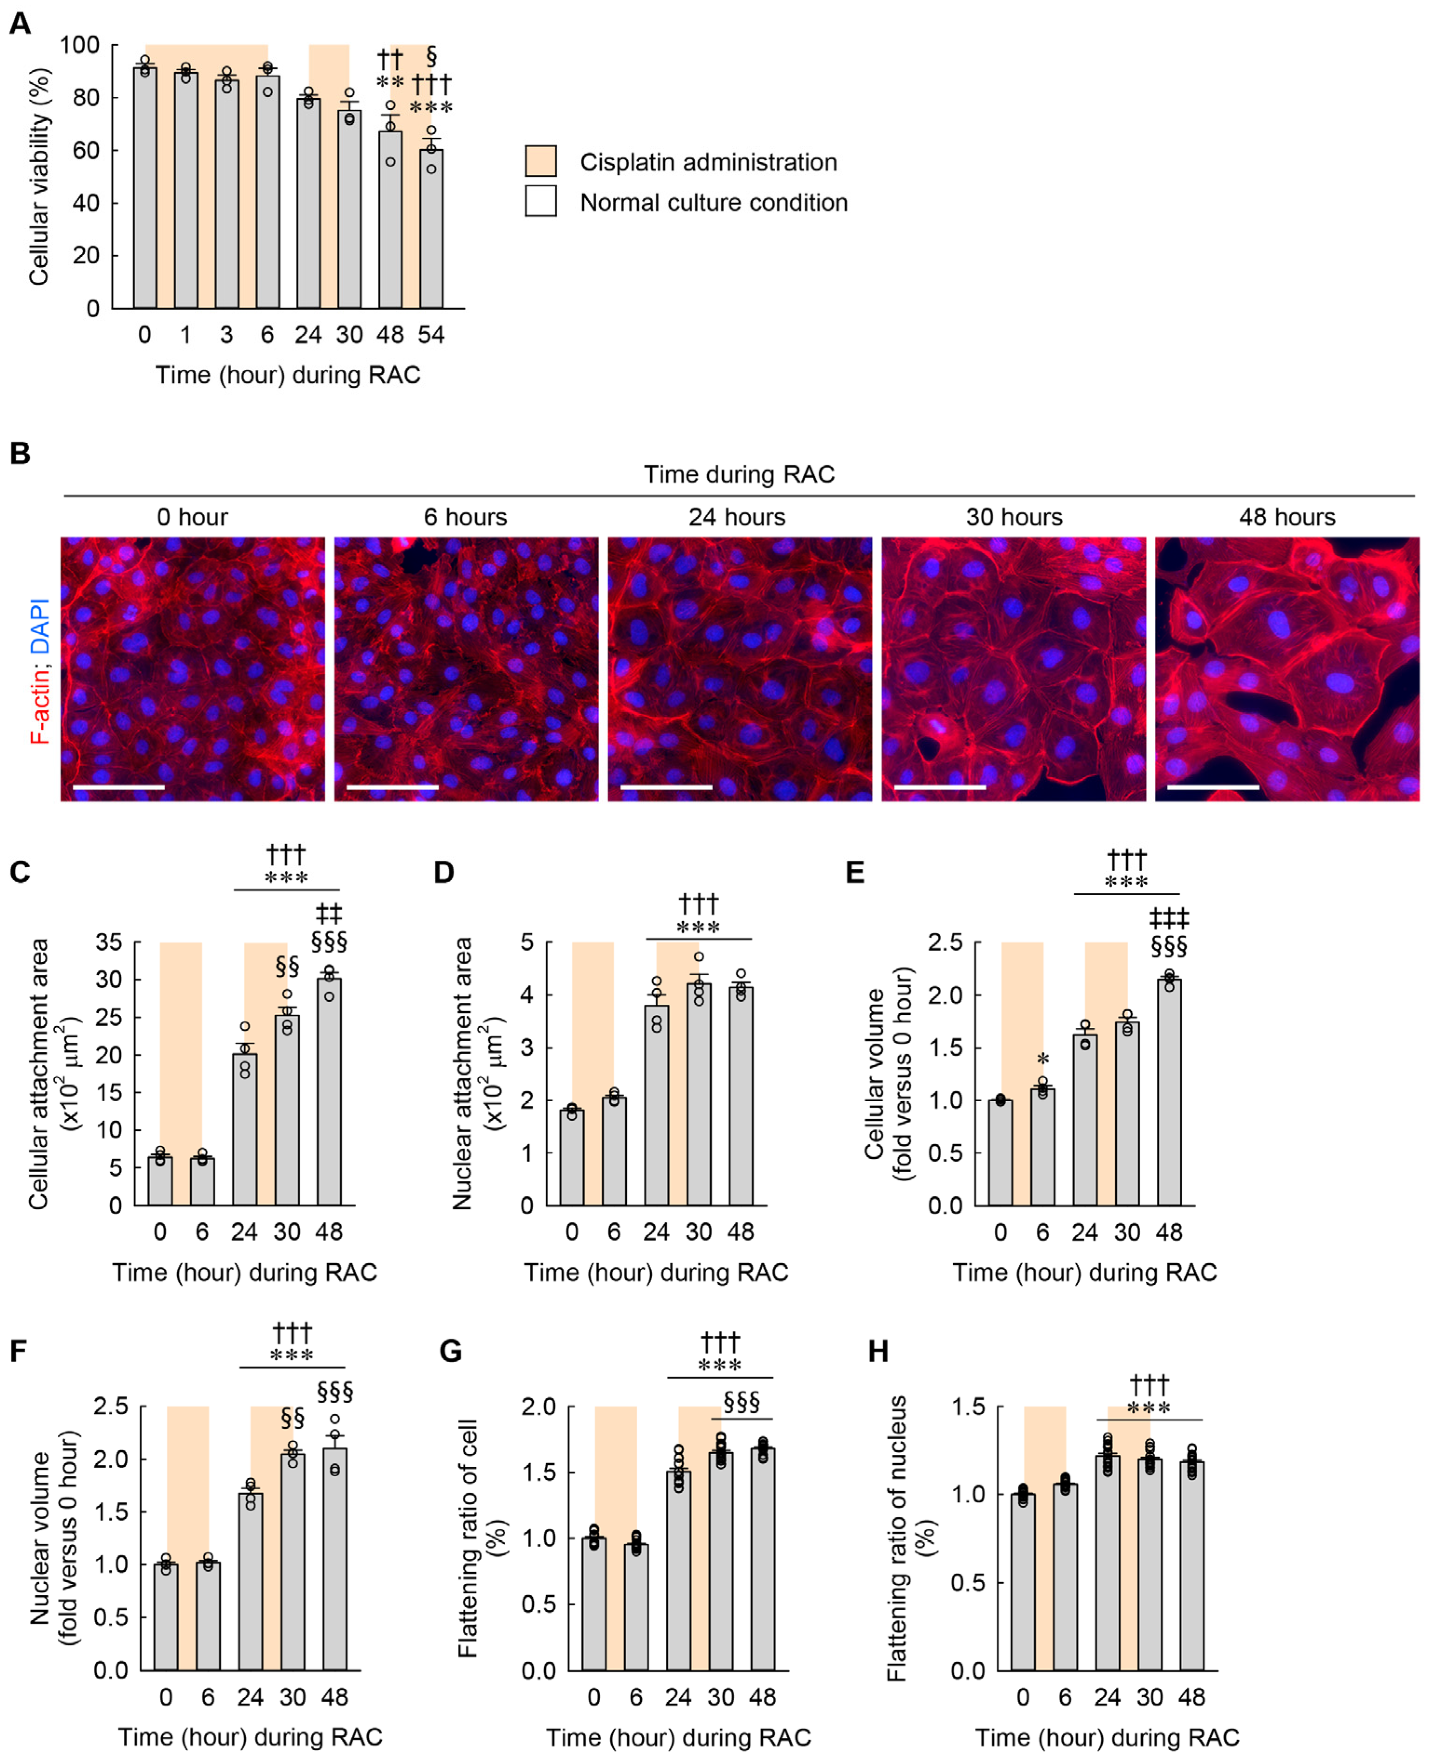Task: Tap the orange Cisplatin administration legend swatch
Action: [x=540, y=161]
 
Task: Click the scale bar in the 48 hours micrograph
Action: [x=1213, y=787]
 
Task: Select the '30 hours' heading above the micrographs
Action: [x=1014, y=517]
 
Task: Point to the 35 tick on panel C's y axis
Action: [x=109, y=942]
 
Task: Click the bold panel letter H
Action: [x=878, y=1351]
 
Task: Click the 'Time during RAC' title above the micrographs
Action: [x=738, y=474]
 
